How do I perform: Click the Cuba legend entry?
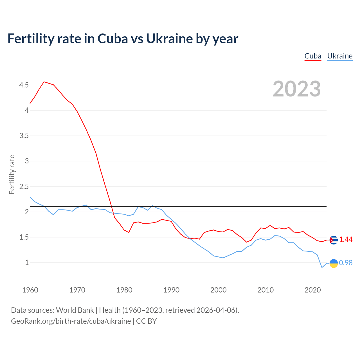tap(313, 56)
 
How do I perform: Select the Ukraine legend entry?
tap(340, 56)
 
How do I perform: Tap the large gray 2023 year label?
tap(297, 89)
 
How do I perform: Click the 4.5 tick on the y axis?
tap(24, 85)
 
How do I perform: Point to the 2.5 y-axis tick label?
tap(24, 186)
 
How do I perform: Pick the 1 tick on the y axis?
tap(27, 263)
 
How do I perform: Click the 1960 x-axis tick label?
tap(30, 290)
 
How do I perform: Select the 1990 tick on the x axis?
tap(171, 290)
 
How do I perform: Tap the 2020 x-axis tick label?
tap(312, 290)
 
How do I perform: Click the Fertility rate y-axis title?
tap(12, 174)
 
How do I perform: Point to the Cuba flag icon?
tap(333, 240)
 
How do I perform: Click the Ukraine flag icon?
tap(333, 263)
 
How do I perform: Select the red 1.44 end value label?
tap(346, 240)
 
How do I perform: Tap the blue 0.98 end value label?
tap(346, 263)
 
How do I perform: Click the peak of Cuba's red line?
tap(44, 82)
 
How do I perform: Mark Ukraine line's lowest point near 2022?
tap(322, 267)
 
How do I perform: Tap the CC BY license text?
tap(146, 321)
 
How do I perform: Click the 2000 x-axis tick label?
tap(218, 290)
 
